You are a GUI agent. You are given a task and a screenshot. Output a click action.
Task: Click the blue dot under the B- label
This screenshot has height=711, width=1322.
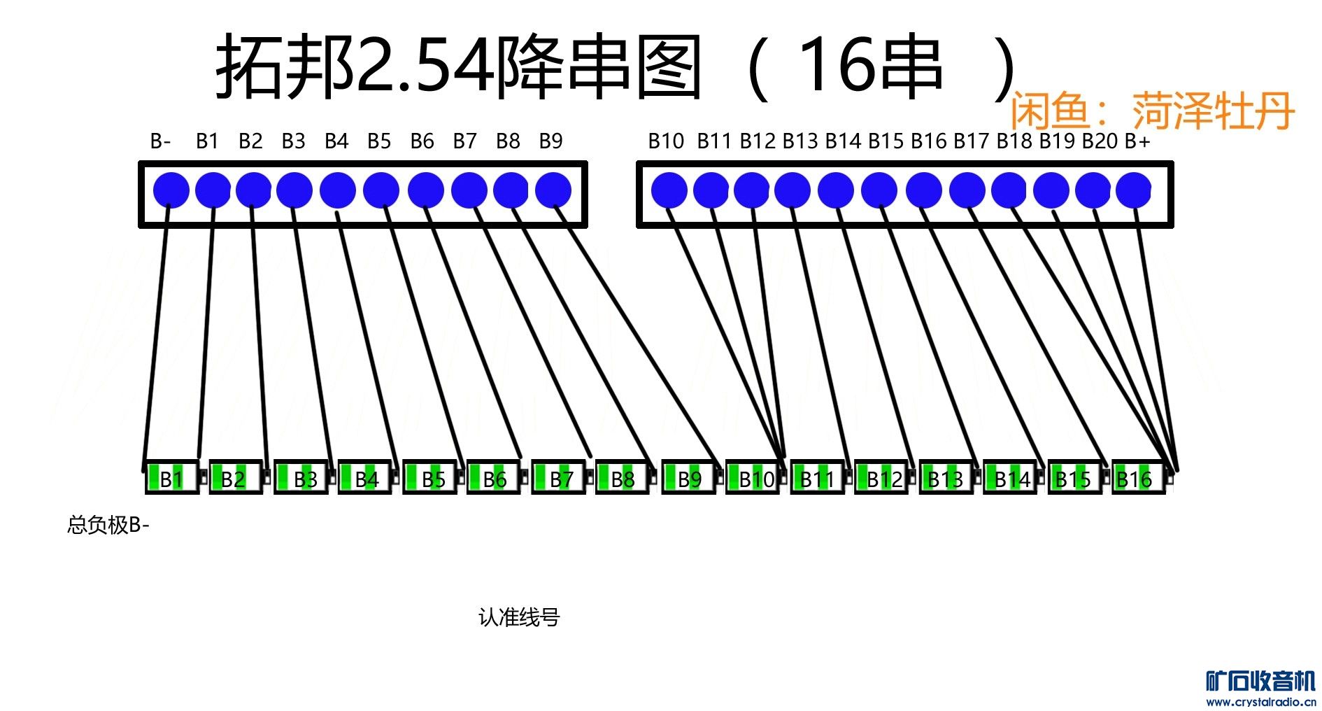(x=171, y=190)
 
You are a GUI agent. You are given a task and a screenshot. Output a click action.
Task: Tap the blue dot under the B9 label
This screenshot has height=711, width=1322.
(x=553, y=190)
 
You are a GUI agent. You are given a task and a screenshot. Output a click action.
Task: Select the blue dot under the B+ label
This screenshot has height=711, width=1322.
(x=1133, y=190)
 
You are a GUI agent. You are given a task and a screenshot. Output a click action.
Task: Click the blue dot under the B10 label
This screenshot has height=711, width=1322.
(x=669, y=190)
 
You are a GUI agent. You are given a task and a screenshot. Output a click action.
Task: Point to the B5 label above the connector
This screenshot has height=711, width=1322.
(x=379, y=141)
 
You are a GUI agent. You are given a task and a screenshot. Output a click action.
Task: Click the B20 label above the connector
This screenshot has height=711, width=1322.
(x=1100, y=141)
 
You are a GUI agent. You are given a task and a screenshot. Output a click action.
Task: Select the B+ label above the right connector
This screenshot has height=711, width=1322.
(x=1137, y=141)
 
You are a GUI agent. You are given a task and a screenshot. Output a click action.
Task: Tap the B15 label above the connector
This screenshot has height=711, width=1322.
(x=886, y=141)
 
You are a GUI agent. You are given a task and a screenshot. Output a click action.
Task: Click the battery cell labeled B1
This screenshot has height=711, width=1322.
(x=172, y=479)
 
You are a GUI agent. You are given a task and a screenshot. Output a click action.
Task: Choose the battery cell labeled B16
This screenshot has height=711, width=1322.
(x=1137, y=479)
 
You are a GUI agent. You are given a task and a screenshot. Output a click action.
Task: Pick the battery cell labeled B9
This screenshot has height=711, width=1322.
(x=688, y=479)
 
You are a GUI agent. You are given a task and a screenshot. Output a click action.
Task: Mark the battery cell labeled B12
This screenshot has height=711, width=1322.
(x=881, y=479)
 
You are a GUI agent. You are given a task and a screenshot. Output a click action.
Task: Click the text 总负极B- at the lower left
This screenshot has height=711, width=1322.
(x=108, y=525)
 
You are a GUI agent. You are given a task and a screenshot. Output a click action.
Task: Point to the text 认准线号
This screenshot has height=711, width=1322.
(x=519, y=617)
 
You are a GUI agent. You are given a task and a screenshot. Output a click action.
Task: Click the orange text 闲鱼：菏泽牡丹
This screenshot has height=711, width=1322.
(x=1152, y=111)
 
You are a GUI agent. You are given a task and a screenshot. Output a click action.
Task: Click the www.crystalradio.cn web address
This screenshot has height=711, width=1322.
(x=1261, y=702)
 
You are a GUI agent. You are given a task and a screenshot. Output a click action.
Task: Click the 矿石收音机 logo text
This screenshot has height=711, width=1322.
(x=1260, y=681)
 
